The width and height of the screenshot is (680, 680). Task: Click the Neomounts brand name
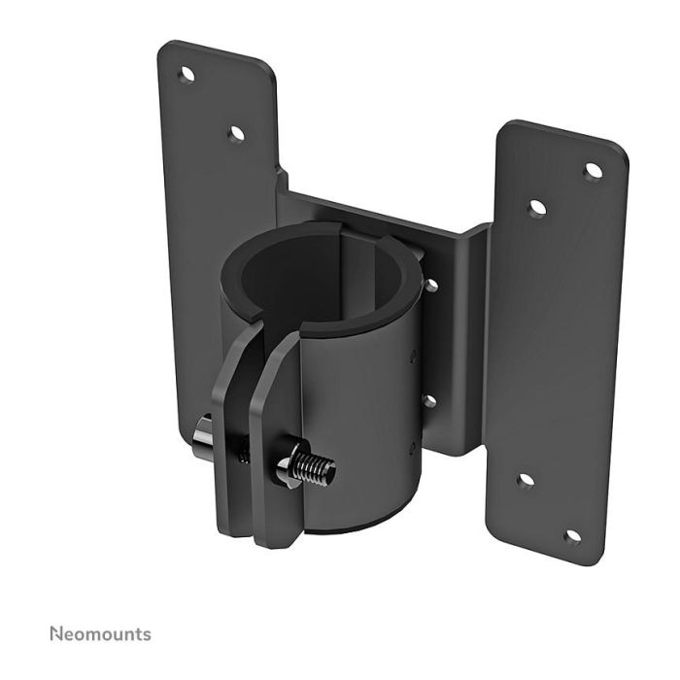coord(99,634)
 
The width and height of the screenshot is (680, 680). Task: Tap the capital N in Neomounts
coord(54,634)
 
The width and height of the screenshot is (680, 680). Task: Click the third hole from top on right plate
coord(524,480)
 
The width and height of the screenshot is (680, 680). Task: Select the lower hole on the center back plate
coord(426,399)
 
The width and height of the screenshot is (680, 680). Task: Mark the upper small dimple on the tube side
coord(413,355)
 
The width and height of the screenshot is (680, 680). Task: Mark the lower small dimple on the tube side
coord(411,447)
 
